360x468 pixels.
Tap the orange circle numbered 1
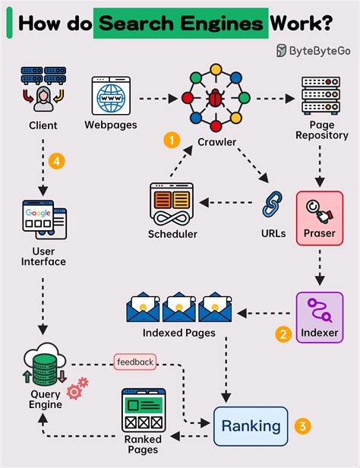pos(173,140)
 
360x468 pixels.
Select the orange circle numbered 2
pos(283,333)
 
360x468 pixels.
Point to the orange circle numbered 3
pos(303,426)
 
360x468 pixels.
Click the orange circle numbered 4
pos(54,161)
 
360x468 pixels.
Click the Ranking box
pos(251,427)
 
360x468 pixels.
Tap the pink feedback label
pos(135,362)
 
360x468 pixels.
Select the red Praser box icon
pos(319,215)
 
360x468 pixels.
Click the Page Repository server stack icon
pos(319,94)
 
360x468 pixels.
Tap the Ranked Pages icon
pos(144,410)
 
